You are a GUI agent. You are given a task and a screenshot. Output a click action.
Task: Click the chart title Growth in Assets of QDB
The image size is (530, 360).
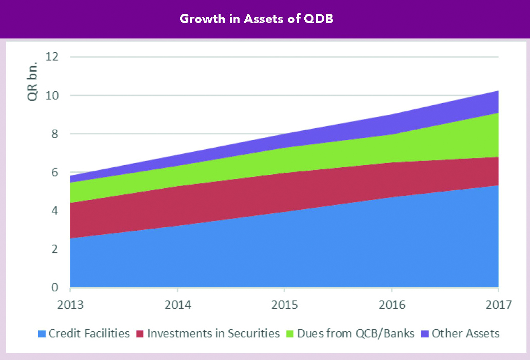[x=257, y=19]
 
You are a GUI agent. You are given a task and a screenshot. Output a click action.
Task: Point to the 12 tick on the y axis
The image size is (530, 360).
[x=51, y=57]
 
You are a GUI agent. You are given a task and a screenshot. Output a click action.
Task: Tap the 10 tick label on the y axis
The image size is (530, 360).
[x=51, y=95]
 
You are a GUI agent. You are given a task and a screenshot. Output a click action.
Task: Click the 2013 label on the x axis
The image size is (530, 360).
[x=70, y=305]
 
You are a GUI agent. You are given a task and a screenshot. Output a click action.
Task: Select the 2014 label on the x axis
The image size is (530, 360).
[x=178, y=305]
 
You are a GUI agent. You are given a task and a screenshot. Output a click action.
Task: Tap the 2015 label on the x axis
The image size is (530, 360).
[x=285, y=305]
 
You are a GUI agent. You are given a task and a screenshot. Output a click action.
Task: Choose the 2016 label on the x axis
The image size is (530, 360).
[x=392, y=305]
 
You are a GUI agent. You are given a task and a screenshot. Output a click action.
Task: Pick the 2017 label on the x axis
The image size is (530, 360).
[x=499, y=305]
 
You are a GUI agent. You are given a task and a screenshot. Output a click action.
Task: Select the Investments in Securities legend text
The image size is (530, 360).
[x=213, y=334]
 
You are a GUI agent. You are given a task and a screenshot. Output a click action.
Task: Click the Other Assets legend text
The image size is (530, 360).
[x=465, y=334]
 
